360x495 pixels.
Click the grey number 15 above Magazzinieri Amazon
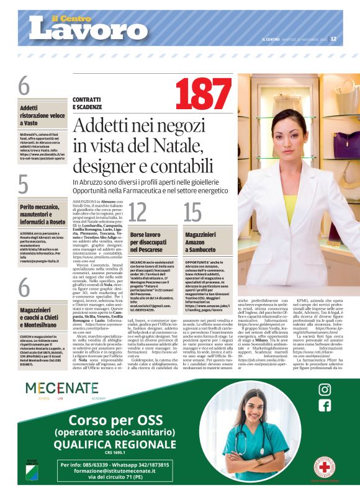tap(193, 212)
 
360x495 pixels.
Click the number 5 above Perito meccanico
tap(24, 185)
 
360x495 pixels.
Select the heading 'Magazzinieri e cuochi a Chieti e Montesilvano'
tap(42, 317)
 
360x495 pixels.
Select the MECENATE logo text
tap(61, 390)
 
